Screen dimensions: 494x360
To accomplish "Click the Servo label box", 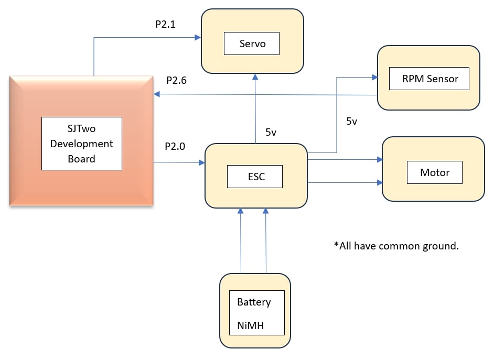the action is coord(251,43).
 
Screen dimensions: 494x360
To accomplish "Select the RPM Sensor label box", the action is coord(429,79).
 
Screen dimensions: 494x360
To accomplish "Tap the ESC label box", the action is coord(255,177).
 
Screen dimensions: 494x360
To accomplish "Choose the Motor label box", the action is coord(435,172).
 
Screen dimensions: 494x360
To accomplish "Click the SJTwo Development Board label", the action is coord(82,144).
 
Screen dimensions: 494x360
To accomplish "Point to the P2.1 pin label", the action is coord(165,24).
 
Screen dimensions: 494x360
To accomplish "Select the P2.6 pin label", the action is coord(176,80).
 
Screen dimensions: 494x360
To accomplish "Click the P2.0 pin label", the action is coord(175,146).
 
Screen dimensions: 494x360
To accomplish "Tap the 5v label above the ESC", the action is coord(271,132).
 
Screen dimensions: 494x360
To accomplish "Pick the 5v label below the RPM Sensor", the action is coord(351,121).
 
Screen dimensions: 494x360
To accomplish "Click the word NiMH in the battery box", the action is coord(251,325).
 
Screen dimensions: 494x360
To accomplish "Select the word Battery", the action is coord(254,302).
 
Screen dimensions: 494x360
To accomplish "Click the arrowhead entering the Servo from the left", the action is coord(198,37).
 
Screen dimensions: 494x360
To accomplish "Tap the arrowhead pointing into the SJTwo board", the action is coord(157,94).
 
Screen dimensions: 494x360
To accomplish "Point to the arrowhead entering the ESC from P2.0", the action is coord(202,162).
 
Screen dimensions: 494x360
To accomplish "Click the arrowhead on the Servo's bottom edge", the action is coord(255,77).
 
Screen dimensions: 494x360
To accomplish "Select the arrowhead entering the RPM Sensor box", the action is coord(374,77).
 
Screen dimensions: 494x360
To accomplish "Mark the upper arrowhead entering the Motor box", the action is coord(380,159).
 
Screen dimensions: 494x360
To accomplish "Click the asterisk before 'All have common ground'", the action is coord(336,244).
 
